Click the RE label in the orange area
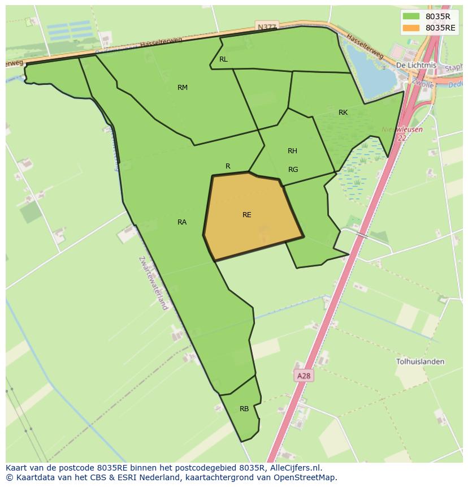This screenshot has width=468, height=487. point(246,215)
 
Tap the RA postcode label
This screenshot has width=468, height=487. point(182,222)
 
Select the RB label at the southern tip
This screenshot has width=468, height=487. point(244,409)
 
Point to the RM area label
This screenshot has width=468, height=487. point(183,88)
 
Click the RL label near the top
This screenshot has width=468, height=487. point(223,59)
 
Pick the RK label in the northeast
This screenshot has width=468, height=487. point(343,113)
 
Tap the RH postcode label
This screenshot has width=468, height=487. point(292,151)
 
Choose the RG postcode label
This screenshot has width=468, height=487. point(293,170)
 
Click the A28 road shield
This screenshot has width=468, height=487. point(304,376)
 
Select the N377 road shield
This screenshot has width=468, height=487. point(266,27)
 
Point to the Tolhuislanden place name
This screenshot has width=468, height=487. point(420,361)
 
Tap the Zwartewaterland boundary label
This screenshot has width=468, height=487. point(154,283)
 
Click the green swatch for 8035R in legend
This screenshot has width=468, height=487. point(411,16)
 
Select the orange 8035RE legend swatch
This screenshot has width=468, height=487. point(411,28)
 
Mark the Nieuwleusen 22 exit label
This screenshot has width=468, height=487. point(395,133)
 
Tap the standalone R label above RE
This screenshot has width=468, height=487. point(228,166)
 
